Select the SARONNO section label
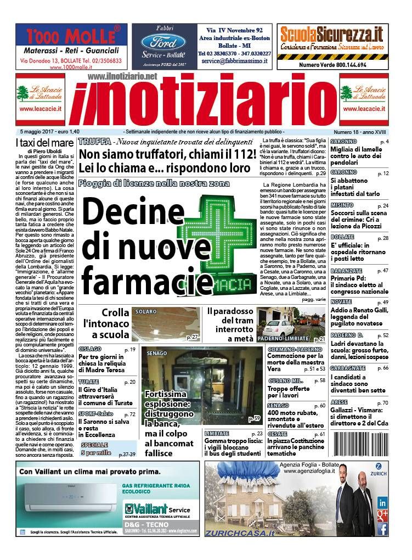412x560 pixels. pyautogui.click(x=343, y=142)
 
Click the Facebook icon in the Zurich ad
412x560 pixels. pyautogui.click(x=382, y=529)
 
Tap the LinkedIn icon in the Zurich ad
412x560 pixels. pyautogui.click(x=382, y=502)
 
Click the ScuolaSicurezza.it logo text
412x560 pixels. pyautogui.click(x=331, y=35)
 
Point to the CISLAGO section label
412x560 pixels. pyautogui.click(x=90, y=349)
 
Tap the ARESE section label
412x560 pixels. pyautogui.click(x=340, y=402)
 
